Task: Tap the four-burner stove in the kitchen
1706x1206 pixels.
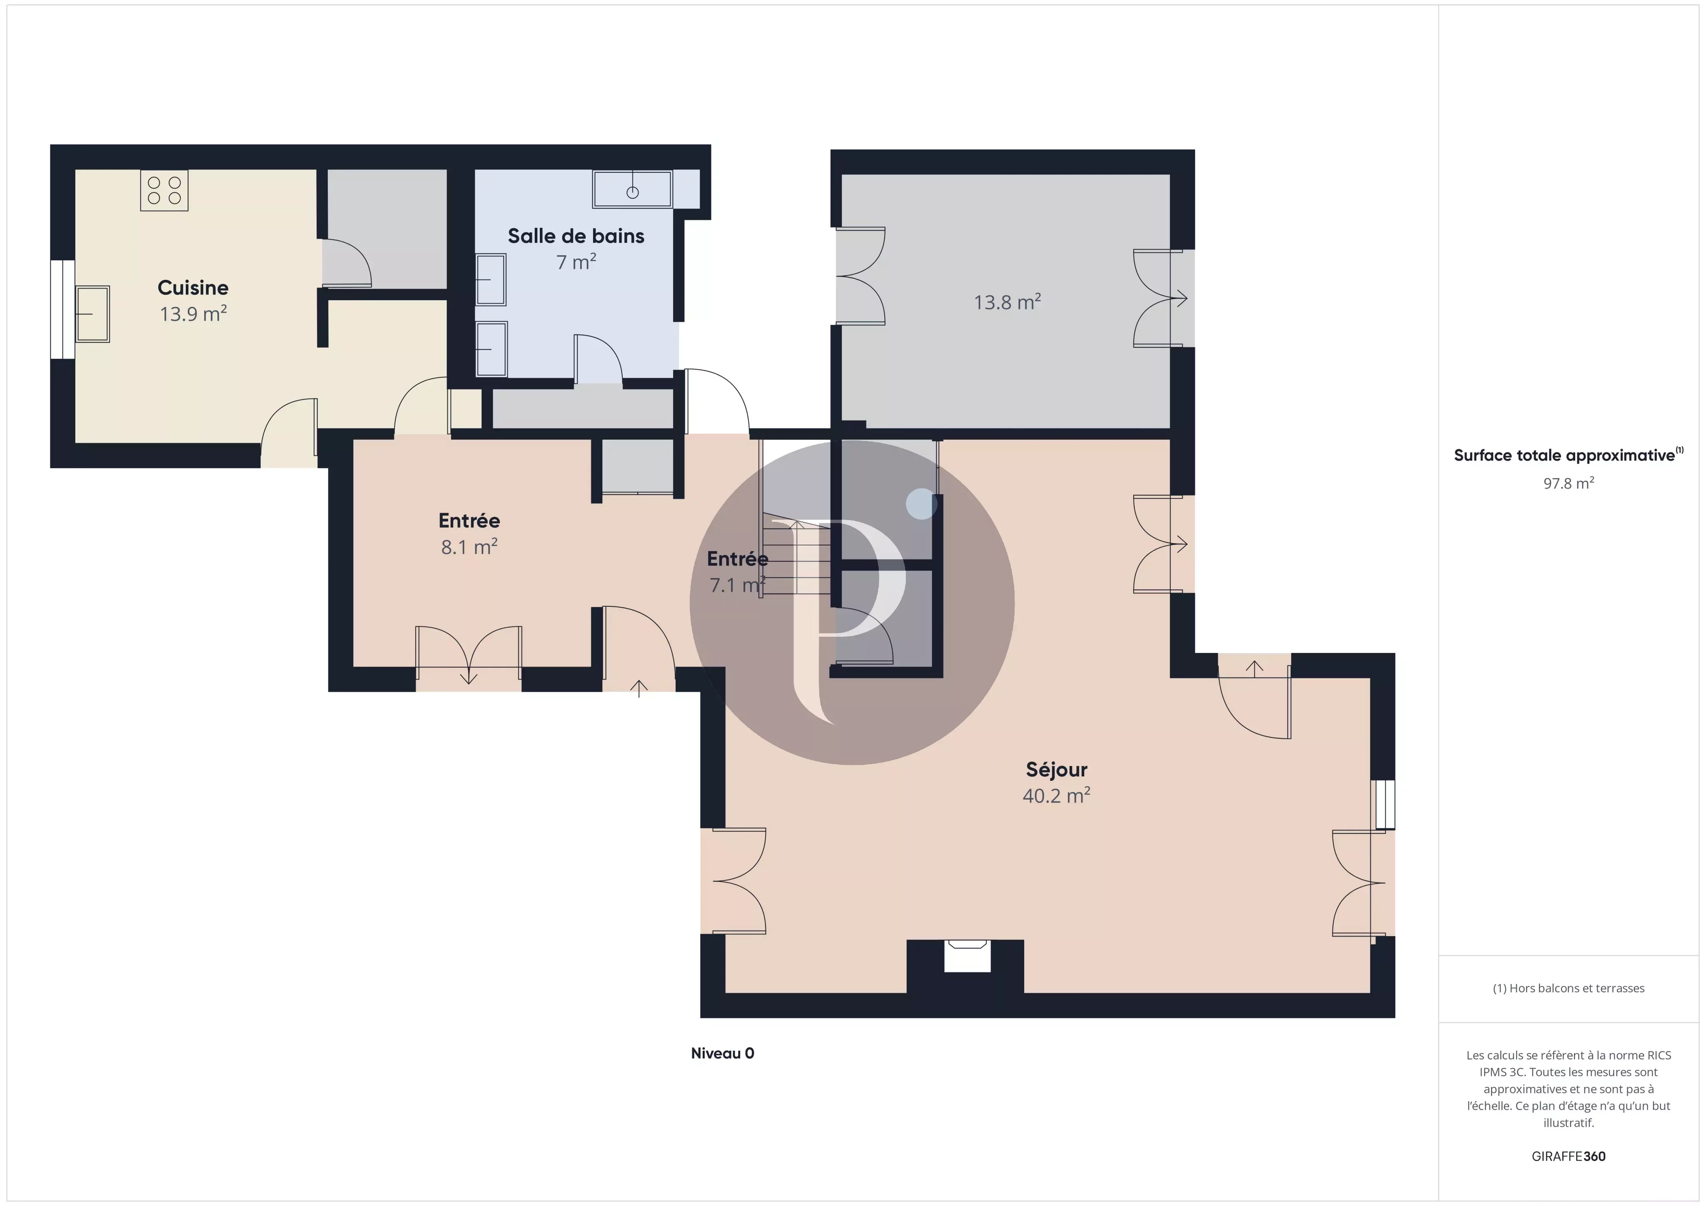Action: (164, 190)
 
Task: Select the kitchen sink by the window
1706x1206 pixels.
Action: (93, 314)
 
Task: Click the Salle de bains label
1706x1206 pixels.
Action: (576, 236)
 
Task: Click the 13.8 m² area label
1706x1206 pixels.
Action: (1007, 302)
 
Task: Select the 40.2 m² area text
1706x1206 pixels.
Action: (1056, 796)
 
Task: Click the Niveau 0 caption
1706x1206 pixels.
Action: (722, 1053)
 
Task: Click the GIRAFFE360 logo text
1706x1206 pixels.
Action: (1569, 1156)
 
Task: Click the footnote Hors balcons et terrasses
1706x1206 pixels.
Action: (1569, 988)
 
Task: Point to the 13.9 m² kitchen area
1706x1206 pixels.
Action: (193, 314)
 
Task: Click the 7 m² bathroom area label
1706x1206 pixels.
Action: (576, 262)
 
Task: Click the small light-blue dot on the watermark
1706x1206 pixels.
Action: (921, 504)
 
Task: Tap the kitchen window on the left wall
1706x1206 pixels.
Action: (62, 309)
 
